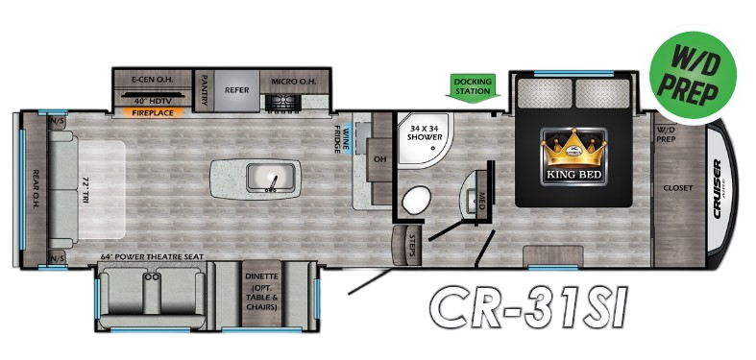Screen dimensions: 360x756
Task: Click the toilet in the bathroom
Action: [x=416, y=201]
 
